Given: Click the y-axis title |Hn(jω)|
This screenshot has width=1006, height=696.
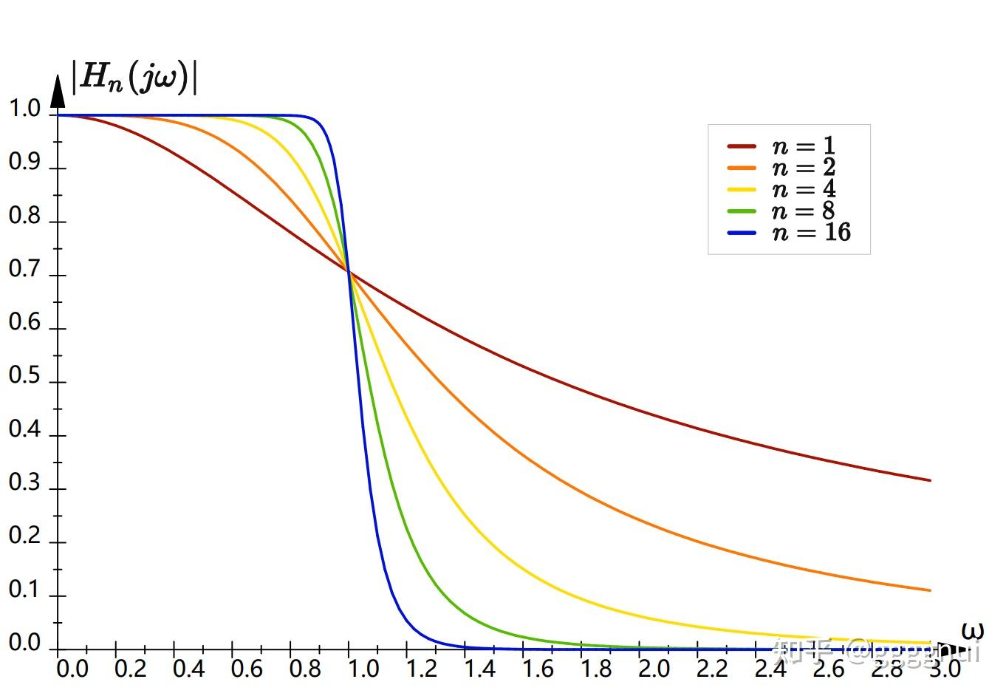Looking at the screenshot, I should [134, 77].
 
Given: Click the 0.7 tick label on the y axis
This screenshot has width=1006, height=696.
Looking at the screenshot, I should [24, 269].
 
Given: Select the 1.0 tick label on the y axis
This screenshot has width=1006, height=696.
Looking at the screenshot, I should [24, 109].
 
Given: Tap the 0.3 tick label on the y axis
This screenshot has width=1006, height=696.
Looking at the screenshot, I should [24, 482].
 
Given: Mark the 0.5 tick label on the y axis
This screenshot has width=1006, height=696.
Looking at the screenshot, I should [24, 375].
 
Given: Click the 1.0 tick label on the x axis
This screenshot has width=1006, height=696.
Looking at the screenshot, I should [363, 669].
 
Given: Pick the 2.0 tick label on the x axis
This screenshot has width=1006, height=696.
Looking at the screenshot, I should [654, 669].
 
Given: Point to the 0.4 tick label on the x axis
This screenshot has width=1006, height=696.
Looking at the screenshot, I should [188, 669].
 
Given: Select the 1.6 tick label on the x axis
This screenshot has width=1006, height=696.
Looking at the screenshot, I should [537, 669].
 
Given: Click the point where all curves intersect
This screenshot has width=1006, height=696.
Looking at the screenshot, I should [349, 273].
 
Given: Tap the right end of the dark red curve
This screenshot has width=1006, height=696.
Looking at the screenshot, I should [930, 480].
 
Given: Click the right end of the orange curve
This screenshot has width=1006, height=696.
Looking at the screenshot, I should [930, 590].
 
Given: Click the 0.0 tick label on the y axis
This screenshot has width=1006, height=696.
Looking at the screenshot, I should [24, 643].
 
